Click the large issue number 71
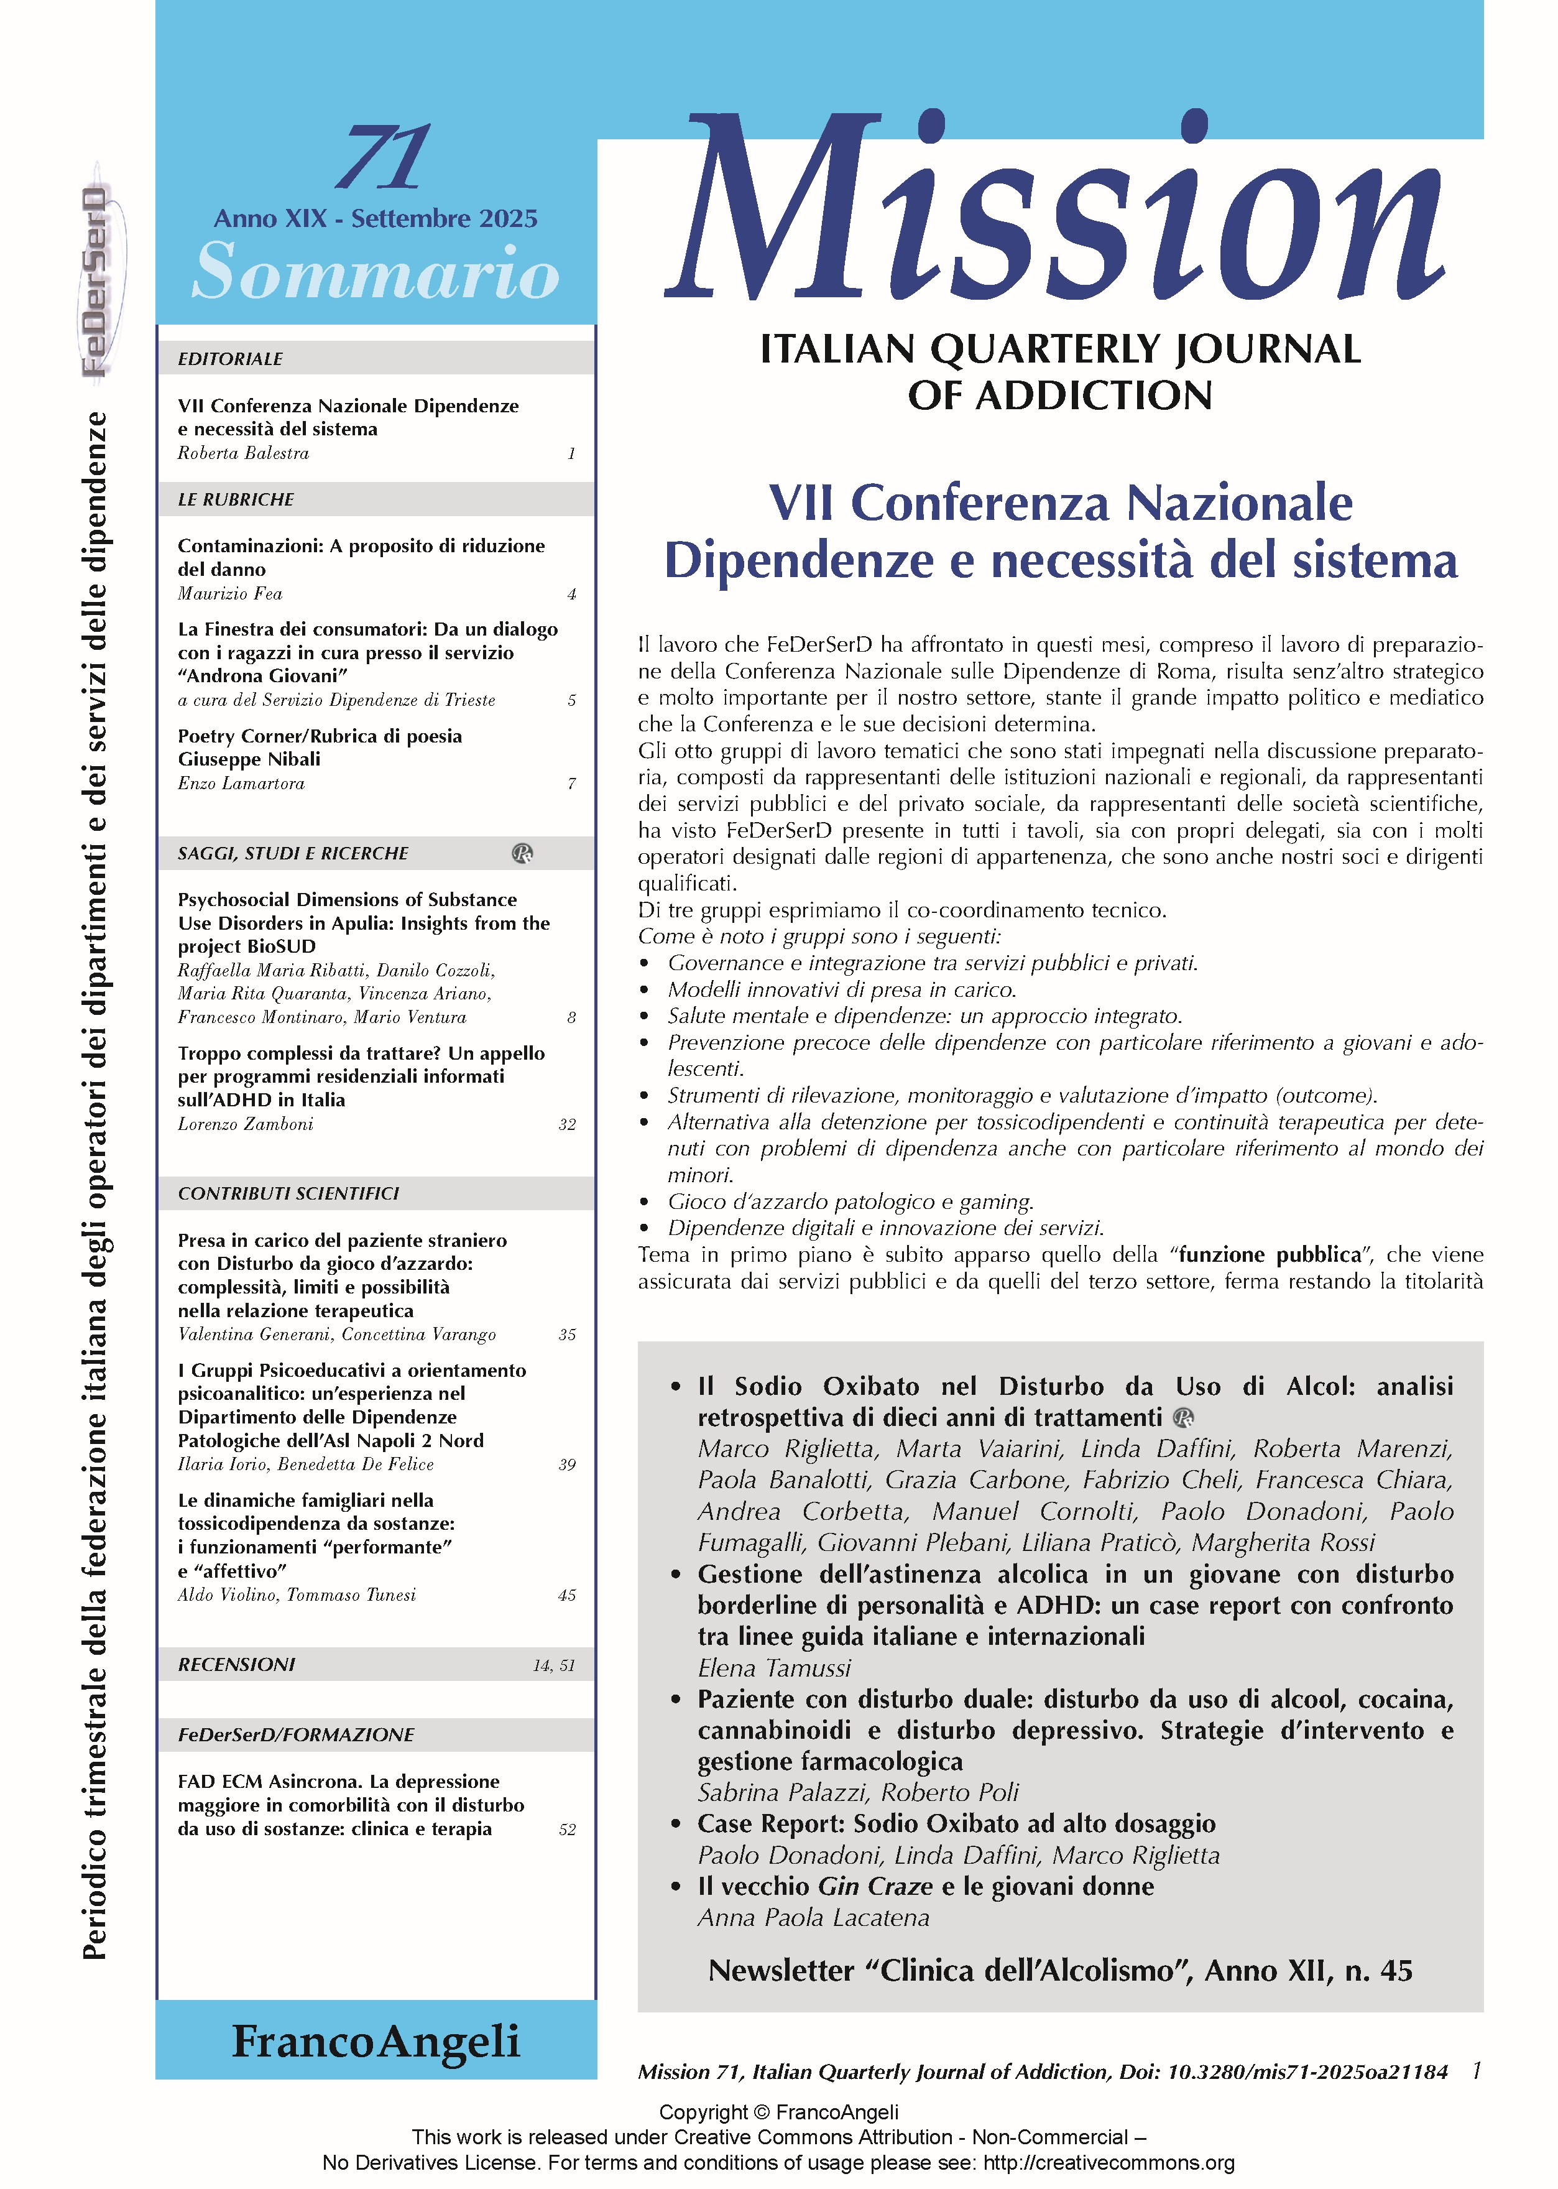[383, 159]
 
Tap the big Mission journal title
[1055, 206]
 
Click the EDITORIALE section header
[230, 359]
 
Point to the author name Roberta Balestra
[242, 453]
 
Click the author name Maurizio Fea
[230, 594]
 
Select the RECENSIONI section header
[236, 1665]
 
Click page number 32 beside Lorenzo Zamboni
[567, 1124]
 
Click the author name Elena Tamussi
[774, 1668]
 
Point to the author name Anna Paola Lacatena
[814, 1917]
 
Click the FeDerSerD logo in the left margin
[95, 283]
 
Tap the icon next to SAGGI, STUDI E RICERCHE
[523, 853]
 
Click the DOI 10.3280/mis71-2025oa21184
[1307, 2072]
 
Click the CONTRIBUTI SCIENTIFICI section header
[288, 1193]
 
